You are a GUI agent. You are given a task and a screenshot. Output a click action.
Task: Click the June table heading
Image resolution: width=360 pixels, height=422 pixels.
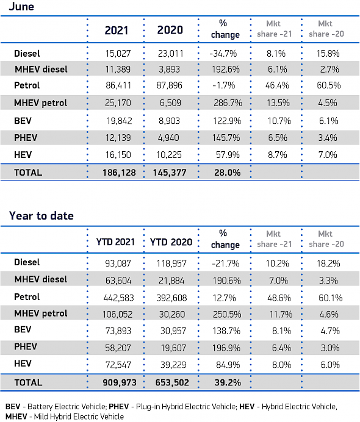pyautogui.click(x=21, y=7)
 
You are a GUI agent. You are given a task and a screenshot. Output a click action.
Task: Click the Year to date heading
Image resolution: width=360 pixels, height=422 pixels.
pyautogui.click(x=41, y=216)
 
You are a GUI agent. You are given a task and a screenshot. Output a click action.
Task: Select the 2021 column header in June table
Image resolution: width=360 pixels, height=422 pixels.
pyautogui.click(x=117, y=30)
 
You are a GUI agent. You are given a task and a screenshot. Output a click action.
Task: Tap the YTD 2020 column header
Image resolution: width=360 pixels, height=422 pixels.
pyautogui.click(x=171, y=242)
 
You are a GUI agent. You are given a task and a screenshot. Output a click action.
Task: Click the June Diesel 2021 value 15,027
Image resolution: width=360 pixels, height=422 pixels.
pyautogui.click(x=118, y=54)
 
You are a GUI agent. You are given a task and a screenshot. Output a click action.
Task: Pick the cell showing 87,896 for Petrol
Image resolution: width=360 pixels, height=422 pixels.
pyautogui.click(x=170, y=85)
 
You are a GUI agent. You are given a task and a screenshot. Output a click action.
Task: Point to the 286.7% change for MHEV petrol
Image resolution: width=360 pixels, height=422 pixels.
pyautogui.click(x=228, y=103)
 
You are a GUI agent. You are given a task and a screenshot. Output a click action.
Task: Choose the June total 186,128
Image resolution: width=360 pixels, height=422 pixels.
pyautogui.click(x=119, y=173)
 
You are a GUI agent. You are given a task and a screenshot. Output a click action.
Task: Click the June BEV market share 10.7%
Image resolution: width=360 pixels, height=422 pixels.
pyautogui.click(x=279, y=121)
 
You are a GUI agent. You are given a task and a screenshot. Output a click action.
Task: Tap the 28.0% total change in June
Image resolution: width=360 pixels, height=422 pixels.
pyautogui.click(x=227, y=173)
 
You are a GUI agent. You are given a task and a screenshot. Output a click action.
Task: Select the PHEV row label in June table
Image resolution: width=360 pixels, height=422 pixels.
pyautogui.click(x=26, y=138)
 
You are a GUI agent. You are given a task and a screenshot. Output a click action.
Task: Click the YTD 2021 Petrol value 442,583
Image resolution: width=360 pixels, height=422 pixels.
pyautogui.click(x=118, y=298)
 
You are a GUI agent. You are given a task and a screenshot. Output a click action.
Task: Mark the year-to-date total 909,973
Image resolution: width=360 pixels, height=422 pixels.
pyautogui.click(x=120, y=382)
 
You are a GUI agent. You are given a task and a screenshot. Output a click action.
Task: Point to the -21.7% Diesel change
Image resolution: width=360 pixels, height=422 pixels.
pyautogui.click(x=226, y=263)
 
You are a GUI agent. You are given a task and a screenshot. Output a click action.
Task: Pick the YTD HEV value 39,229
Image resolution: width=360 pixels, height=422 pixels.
pyautogui.click(x=173, y=365)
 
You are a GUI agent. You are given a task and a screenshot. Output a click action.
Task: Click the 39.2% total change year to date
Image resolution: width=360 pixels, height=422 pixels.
pyautogui.click(x=228, y=382)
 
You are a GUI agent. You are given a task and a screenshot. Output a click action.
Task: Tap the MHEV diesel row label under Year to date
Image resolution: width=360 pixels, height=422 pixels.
pyautogui.click(x=41, y=279)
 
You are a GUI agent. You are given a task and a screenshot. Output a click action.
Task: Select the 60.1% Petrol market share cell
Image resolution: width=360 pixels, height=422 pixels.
pyautogui.click(x=330, y=298)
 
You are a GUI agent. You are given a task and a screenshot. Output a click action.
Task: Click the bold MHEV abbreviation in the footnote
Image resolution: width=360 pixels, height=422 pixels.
pyautogui.click(x=16, y=417)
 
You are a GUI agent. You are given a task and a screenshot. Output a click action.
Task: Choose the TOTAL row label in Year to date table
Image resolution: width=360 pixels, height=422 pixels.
pyautogui.click(x=28, y=382)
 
